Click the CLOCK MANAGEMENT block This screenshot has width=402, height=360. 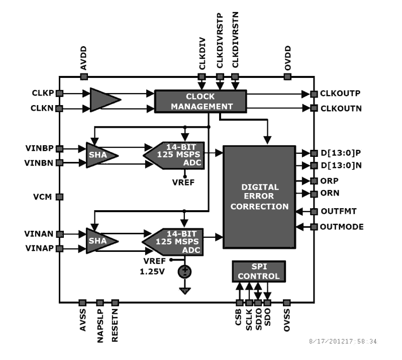(x=200, y=101)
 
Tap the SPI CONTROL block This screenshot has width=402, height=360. (x=258, y=272)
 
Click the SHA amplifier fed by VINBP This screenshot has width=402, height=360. (x=100, y=155)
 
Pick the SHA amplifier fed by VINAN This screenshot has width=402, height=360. (x=100, y=241)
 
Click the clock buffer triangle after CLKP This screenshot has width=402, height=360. (x=104, y=100)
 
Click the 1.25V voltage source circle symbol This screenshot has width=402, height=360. (x=185, y=272)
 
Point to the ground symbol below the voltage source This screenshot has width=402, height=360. (x=185, y=290)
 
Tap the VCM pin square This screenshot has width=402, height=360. (x=59, y=197)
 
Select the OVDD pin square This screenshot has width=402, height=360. (x=287, y=76)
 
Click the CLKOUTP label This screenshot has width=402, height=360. (x=340, y=94)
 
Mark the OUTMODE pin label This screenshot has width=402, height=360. (x=342, y=227)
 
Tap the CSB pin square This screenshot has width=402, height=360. (x=239, y=303)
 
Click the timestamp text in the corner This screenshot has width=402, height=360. (x=342, y=341)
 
